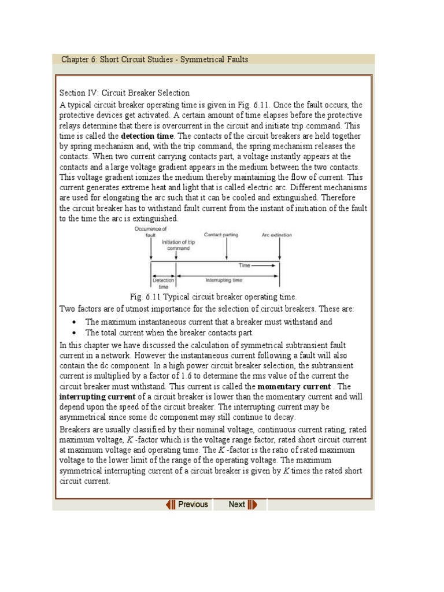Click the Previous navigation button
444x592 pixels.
(187, 504)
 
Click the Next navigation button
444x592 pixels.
(242, 504)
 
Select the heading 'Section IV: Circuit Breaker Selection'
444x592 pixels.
(124, 93)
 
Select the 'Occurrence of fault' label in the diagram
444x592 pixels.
(151, 232)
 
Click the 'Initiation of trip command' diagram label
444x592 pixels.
(178, 245)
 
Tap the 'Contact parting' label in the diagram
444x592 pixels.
(221, 235)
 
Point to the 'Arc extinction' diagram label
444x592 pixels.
(277, 235)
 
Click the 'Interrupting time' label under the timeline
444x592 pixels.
(224, 280)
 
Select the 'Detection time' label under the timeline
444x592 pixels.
(164, 283)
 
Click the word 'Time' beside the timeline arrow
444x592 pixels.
(245, 265)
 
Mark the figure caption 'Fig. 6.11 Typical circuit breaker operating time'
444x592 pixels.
(213, 297)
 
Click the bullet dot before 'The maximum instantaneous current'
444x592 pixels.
(76, 323)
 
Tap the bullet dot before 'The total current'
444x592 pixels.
(76, 333)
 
